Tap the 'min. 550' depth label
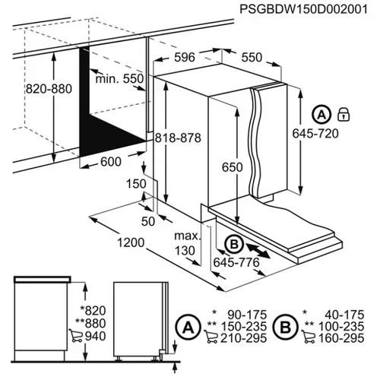119,79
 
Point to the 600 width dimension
111,161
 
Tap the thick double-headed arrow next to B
258,249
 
